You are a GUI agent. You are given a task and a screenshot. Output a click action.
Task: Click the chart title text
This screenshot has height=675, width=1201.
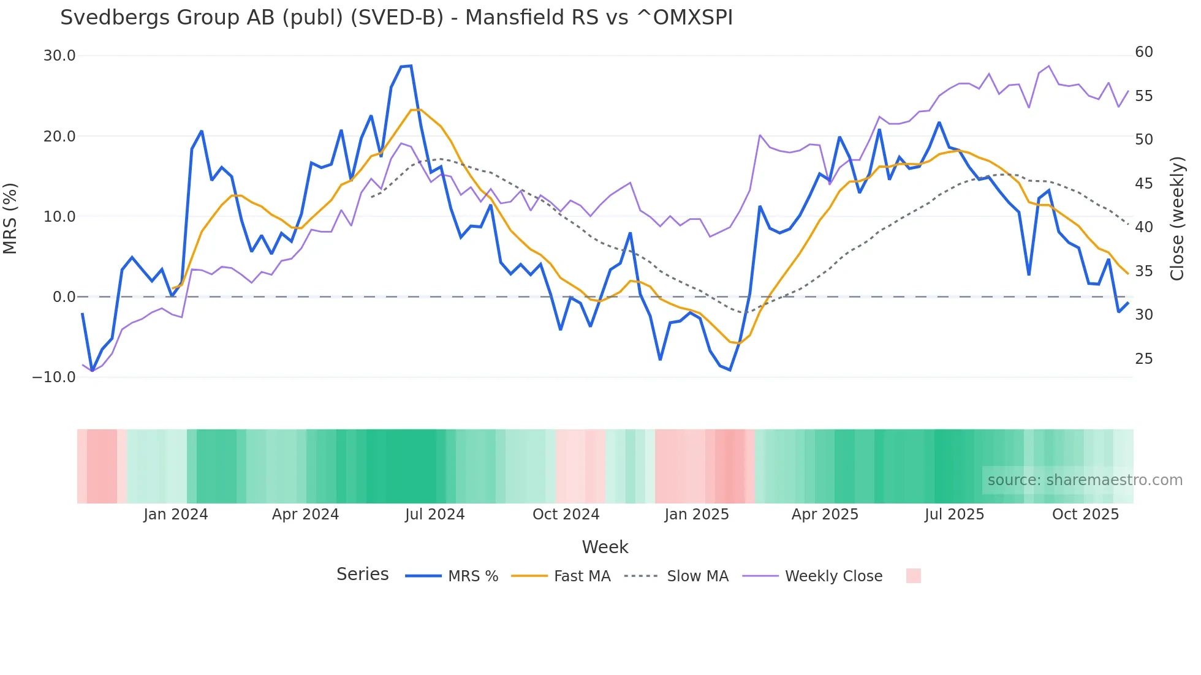pos(396,18)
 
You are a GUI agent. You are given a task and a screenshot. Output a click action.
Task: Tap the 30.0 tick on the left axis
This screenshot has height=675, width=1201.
pos(59,56)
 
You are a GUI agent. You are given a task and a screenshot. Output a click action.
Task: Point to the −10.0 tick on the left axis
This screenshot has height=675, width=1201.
pos(54,377)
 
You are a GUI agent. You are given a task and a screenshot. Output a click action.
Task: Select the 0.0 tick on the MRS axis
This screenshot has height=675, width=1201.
pos(64,297)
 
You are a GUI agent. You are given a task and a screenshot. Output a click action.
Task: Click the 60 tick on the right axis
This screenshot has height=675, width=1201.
pos(1143,52)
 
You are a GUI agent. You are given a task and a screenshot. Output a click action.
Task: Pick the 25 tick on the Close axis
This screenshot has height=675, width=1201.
pos(1143,359)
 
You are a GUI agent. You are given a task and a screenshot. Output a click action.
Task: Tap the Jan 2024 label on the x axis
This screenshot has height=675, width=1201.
pos(176,515)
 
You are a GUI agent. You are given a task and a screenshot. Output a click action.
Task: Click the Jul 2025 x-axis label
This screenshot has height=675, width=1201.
pos(954,515)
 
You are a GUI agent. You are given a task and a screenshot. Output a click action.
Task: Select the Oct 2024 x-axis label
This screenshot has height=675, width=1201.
pos(566,515)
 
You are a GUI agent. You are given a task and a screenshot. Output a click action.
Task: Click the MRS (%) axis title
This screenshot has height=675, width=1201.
pos(10,218)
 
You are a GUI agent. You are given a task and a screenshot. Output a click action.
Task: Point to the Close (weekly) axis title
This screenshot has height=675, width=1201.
pos(1177,219)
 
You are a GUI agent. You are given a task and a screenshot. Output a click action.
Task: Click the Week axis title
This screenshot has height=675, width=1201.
pos(605,547)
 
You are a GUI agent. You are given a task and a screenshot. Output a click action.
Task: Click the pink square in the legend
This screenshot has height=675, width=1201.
pos(913,576)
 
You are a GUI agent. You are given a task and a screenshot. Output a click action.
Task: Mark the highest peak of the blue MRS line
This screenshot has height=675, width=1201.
pos(411,66)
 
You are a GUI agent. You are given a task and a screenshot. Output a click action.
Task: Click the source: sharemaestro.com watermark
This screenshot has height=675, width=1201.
pos(1085,480)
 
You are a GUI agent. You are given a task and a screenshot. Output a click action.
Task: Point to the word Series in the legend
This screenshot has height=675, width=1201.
pos(362,575)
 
